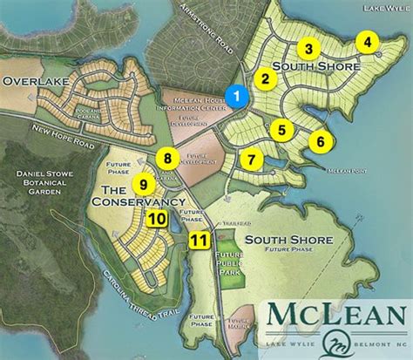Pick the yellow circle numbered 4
pos(369,42)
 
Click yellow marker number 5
pos(281,130)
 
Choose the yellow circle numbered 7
pos(250,160)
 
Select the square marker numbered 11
pos(200,240)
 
